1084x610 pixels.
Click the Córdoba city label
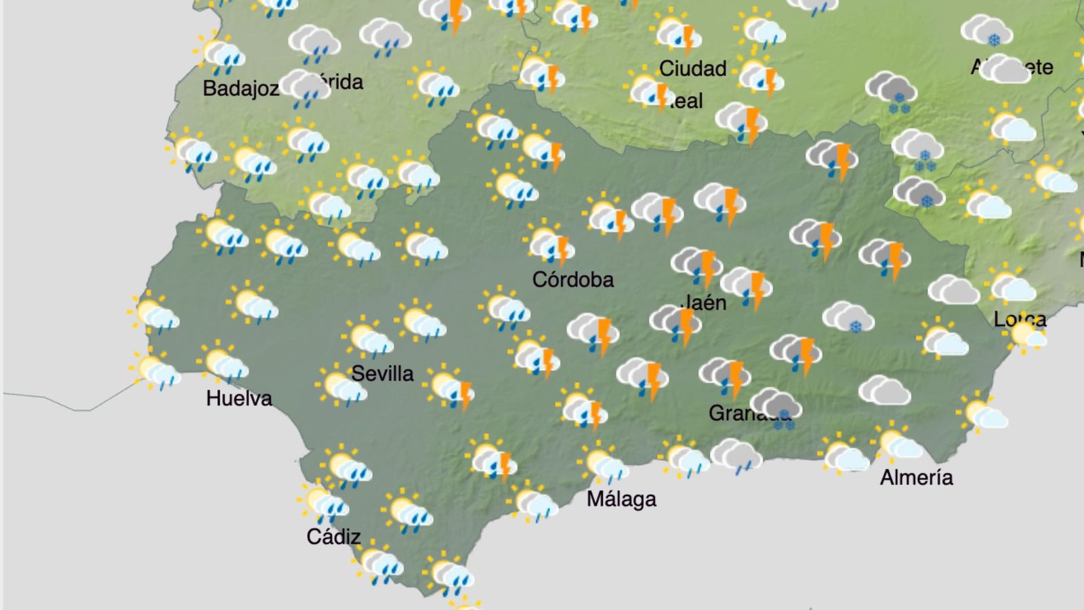(572, 279)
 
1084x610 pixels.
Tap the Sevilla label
(382, 373)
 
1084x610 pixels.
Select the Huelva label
(238, 398)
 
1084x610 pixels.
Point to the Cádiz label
(333, 537)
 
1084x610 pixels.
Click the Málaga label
(621, 499)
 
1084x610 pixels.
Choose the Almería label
(916, 477)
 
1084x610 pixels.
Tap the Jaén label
(705, 302)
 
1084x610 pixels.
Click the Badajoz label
(241, 88)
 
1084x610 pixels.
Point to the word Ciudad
(692, 68)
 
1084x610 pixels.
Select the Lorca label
(1020, 319)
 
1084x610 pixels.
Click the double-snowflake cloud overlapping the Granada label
(777, 408)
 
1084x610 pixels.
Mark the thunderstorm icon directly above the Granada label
(725, 377)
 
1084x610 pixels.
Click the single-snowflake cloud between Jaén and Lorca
(848, 318)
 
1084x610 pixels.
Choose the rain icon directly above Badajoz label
(220, 56)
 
